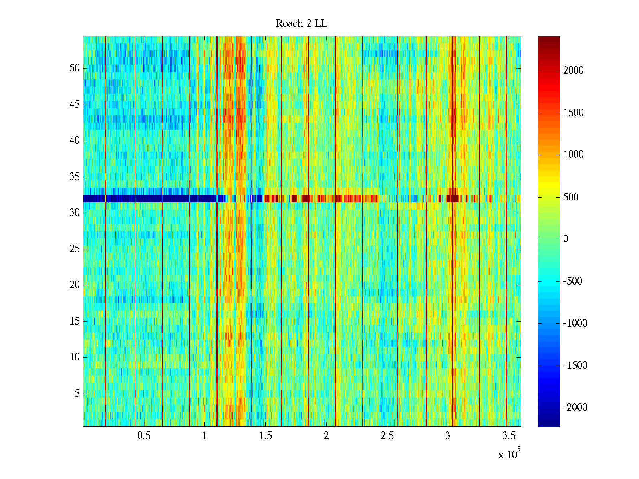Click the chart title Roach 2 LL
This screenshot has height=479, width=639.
(301, 24)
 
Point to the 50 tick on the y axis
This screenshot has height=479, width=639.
(75, 68)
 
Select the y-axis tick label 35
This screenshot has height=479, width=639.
(75, 176)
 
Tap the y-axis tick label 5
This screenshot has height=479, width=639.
(77, 394)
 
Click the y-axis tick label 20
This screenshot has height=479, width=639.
(75, 285)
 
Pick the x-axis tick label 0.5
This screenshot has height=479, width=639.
(144, 436)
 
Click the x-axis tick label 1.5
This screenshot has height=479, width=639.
(265, 436)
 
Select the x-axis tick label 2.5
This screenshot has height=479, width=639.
(387, 436)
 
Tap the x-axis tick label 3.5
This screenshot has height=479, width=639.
(508, 436)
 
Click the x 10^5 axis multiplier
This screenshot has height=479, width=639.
(509, 454)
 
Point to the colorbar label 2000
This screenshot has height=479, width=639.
(574, 71)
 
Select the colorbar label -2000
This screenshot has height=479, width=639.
(575, 408)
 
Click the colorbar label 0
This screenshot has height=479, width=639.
(566, 239)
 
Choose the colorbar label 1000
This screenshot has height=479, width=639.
(574, 155)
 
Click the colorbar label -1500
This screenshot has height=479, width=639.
(575, 366)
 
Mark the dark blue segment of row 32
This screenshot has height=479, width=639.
(152, 198)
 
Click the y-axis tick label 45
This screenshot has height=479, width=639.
(75, 105)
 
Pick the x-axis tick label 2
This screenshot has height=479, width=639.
(326, 436)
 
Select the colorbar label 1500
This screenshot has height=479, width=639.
(574, 113)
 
